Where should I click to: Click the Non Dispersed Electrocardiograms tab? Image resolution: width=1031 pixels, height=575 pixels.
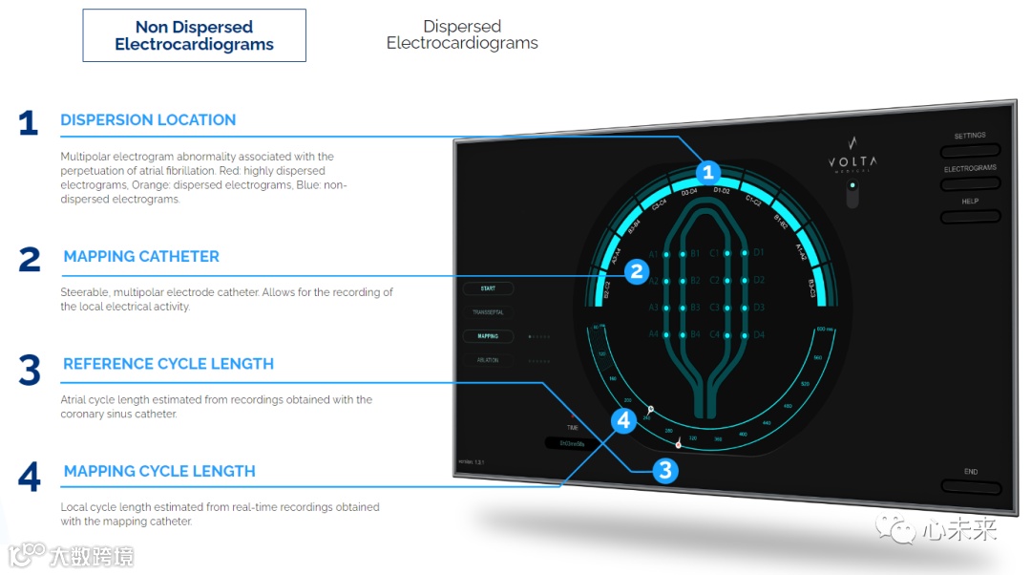tap(194, 36)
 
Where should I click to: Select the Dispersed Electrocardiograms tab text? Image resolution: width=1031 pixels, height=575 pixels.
tap(462, 35)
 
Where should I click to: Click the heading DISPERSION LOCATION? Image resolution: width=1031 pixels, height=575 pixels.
tap(148, 120)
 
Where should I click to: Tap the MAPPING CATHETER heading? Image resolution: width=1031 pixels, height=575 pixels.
tap(141, 257)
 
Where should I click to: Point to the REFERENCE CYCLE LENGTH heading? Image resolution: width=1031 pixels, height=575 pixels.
tap(168, 364)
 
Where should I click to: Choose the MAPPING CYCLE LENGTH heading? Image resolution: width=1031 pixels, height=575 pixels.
tap(159, 472)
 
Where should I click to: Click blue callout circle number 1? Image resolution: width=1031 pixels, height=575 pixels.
tap(707, 173)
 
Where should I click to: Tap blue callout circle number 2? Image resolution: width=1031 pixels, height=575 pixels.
tap(638, 272)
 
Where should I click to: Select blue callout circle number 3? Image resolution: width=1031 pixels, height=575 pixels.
tap(665, 470)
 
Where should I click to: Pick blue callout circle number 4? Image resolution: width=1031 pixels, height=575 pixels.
tap(623, 420)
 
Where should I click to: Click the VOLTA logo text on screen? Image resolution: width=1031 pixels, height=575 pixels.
tap(852, 162)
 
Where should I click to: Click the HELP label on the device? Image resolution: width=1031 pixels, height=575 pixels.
tap(970, 202)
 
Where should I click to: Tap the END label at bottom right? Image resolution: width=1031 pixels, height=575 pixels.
tap(971, 472)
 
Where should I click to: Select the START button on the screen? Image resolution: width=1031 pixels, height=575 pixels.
tap(488, 288)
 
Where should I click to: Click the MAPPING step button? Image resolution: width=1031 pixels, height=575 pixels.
tap(488, 336)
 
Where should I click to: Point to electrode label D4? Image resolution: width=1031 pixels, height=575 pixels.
tap(759, 335)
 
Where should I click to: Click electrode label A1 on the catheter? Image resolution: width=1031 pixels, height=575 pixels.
tap(654, 254)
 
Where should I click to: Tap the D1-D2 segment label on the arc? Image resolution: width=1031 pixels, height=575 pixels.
tap(722, 191)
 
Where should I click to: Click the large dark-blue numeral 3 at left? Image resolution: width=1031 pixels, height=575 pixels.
tap(30, 371)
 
